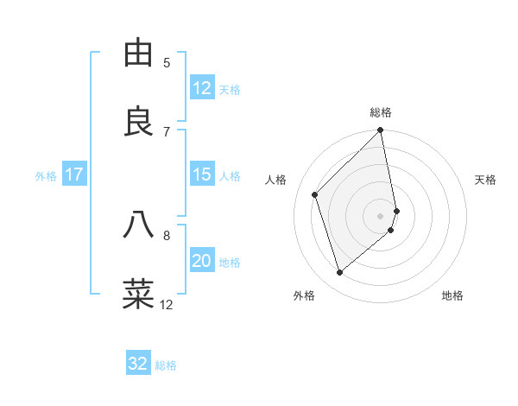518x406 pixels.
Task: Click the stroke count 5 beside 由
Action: coord(167,62)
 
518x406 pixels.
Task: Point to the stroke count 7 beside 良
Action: coord(167,131)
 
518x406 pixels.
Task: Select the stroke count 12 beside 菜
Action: coord(167,304)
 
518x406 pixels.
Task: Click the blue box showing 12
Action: coord(202,88)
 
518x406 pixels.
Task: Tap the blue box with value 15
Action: coord(202,174)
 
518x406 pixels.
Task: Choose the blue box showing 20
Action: coord(202,261)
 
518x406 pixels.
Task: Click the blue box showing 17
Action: coord(73,174)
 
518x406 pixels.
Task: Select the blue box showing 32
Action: coord(138,364)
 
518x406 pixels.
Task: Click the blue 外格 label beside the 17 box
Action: coord(46,176)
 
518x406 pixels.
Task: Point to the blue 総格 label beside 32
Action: coord(166,365)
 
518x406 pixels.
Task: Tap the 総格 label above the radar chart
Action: coord(381,112)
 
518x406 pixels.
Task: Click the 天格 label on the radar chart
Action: coord(485,180)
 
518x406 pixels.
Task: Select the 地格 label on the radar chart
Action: coord(452,295)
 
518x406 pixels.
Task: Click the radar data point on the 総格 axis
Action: coord(381,131)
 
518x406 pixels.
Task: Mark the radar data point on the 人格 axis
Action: coord(315,194)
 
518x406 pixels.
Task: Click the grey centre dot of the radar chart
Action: coord(381,215)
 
